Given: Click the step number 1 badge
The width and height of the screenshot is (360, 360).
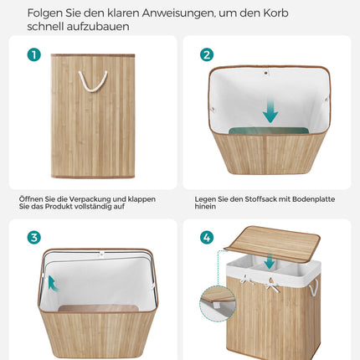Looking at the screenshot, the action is coord(34,54).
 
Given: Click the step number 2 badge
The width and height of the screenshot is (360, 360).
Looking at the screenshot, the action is coord(207,54).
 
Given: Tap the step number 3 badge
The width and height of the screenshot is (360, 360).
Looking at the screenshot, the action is coord(34,238).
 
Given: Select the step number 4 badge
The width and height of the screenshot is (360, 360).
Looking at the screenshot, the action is coord(207,238).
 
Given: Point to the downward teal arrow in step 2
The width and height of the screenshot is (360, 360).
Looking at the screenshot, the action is coord(270,111).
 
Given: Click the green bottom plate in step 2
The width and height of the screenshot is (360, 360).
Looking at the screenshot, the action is coord(268,131).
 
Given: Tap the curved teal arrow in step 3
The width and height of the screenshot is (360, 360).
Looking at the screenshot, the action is coord(53,283).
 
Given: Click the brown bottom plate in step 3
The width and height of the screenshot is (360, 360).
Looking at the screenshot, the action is coord(99,308).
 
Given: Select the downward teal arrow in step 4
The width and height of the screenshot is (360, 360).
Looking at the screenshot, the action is coord(270,260).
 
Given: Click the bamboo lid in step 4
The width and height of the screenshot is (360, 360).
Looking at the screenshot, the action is coord(272,242).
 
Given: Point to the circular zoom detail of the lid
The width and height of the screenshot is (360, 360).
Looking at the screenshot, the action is coord(218,303).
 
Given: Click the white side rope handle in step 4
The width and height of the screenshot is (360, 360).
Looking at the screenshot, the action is coord(314,287).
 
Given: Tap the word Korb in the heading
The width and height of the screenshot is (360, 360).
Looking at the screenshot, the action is coord(275,13).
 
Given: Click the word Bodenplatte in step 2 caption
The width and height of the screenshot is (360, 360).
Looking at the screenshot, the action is coord(313,199).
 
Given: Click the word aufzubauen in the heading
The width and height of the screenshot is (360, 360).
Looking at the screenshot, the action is coord(98,27).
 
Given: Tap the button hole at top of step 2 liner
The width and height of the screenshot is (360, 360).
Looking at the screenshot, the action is coord(266,73).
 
